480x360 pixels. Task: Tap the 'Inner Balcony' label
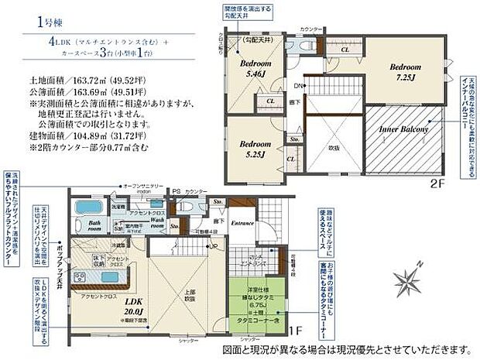(403, 130)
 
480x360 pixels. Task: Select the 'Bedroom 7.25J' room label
(404, 72)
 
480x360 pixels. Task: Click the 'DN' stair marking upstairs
(298, 85)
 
